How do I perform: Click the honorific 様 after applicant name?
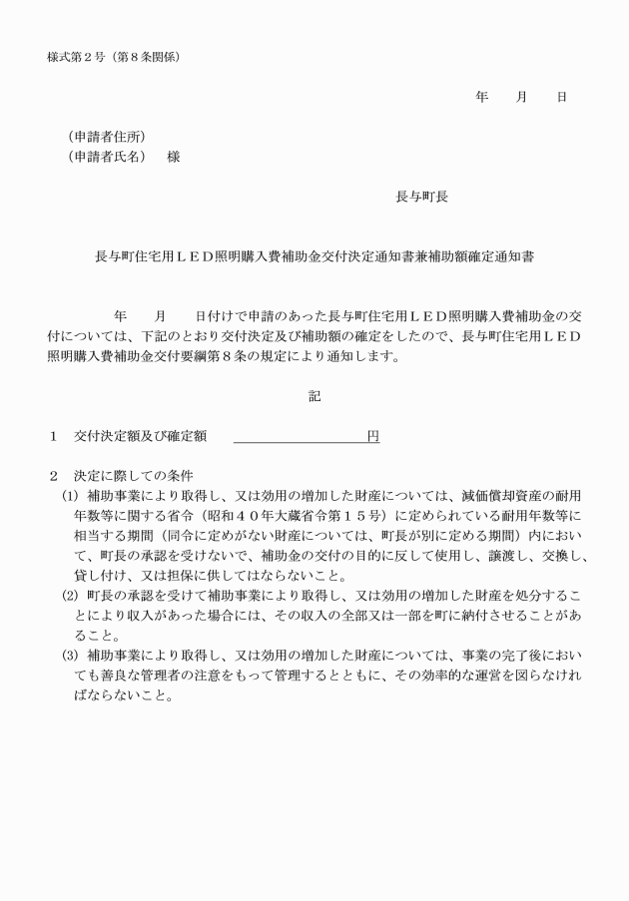tap(174, 157)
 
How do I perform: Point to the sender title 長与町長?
tap(421, 197)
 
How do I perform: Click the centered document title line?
tap(314, 256)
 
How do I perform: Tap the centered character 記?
tap(314, 396)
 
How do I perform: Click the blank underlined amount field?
tap(300, 436)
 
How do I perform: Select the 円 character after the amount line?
tap(372, 436)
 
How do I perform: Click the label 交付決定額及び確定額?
tap(140, 436)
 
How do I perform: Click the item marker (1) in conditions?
tap(69, 495)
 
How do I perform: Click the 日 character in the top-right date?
tap(562, 97)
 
